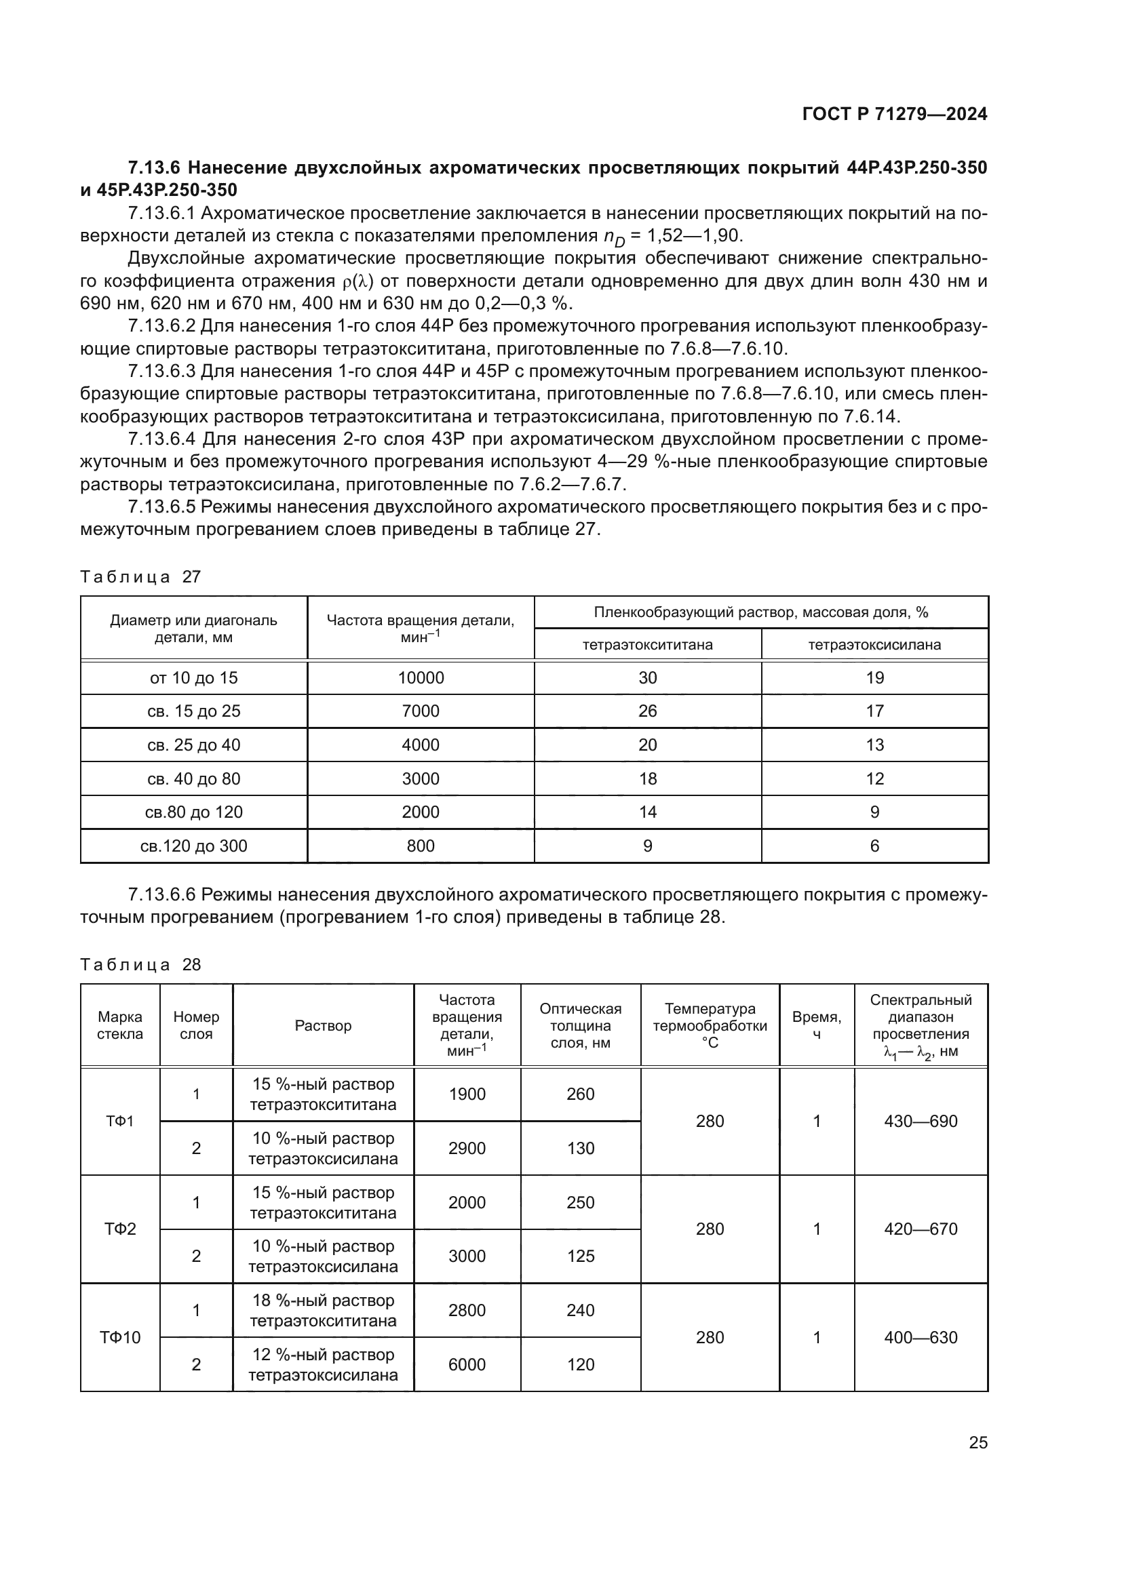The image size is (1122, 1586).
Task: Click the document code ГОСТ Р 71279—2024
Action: pyautogui.click(x=895, y=114)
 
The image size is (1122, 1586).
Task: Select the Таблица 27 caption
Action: pyautogui.click(x=140, y=577)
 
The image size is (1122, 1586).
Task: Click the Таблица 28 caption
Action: pyautogui.click(x=140, y=964)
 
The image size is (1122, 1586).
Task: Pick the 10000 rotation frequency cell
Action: pyautogui.click(x=421, y=677)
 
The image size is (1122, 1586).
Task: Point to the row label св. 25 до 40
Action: pyautogui.click(x=193, y=745)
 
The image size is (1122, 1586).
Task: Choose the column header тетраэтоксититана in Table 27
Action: pyautogui.click(x=647, y=644)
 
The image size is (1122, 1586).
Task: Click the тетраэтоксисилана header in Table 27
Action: pyautogui.click(x=874, y=644)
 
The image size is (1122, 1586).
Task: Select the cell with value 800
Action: pyautogui.click(x=421, y=846)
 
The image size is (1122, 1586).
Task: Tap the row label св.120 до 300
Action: pyautogui.click(x=193, y=846)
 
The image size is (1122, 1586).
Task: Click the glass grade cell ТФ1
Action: pyautogui.click(x=119, y=1121)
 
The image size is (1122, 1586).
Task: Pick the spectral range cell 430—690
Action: pyautogui.click(x=921, y=1121)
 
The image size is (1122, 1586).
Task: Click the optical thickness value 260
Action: pyautogui.click(x=581, y=1094)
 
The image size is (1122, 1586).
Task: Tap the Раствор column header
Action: pyautogui.click(x=323, y=1026)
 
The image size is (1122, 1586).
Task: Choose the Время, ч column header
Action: pyautogui.click(x=817, y=1026)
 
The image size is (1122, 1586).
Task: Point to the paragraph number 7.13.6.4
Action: pyautogui.click(x=162, y=439)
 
